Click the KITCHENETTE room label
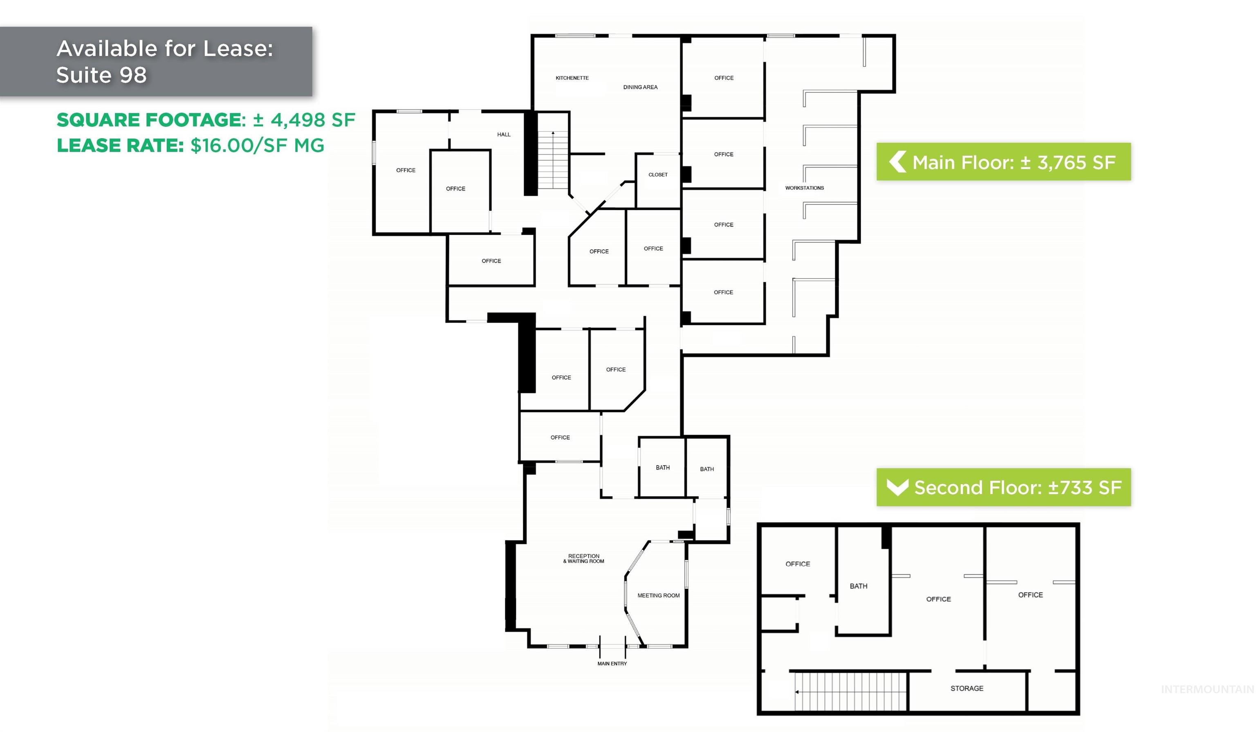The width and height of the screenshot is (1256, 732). click(x=572, y=78)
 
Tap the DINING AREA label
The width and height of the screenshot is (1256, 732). click(x=640, y=87)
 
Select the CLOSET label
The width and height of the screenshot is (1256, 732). click(x=658, y=175)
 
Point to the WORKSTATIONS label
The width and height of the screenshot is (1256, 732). click(x=805, y=188)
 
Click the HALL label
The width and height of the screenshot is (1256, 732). click(x=503, y=134)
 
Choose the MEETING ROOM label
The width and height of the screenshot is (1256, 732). click(x=658, y=595)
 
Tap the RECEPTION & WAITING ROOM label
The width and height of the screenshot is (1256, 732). click(x=584, y=559)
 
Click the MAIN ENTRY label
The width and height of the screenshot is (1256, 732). click(x=612, y=664)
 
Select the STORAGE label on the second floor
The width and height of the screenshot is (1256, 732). click(x=967, y=689)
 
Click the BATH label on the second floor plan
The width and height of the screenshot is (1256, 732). click(x=858, y=586)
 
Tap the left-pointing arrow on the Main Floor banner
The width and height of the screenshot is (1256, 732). click(x=897, y=162)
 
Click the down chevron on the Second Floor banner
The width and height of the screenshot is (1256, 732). click(x=898, y=487)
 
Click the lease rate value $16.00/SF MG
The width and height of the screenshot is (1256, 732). click(x=257, y=146)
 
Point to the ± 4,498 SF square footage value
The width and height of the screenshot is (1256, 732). click(x=304, y=120)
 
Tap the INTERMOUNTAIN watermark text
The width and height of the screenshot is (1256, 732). click(x=1207, y=689)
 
